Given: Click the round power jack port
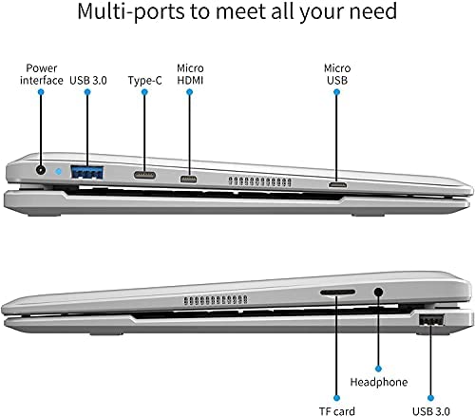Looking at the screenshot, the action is point(40,170).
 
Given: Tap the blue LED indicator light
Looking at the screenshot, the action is point(58,172).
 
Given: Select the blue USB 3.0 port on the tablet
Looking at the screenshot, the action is point(87,172).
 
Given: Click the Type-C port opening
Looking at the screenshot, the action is point(144,175).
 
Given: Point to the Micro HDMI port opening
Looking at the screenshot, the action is point(188,180).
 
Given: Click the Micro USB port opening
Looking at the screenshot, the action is point(337,184).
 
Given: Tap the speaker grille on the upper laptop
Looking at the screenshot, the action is point(259,181).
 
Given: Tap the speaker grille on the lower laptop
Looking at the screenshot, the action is point(216,300).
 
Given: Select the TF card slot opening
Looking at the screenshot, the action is point(337,292).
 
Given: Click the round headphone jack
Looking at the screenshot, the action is point(378,292).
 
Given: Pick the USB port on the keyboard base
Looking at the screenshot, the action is point(431,320).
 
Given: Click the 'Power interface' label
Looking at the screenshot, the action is point(42,74).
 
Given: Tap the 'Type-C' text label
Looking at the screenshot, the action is point(144,81).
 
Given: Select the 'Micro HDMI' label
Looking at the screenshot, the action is point(190,74).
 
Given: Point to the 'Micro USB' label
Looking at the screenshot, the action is point(337,74).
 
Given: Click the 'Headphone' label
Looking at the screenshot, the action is point(379,382).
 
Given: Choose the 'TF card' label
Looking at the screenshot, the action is point(337,411).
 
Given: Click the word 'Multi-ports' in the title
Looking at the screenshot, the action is point(131,11).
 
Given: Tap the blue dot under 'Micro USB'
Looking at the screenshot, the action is point(337,92).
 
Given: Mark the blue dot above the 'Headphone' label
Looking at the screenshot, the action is point(378,369).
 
